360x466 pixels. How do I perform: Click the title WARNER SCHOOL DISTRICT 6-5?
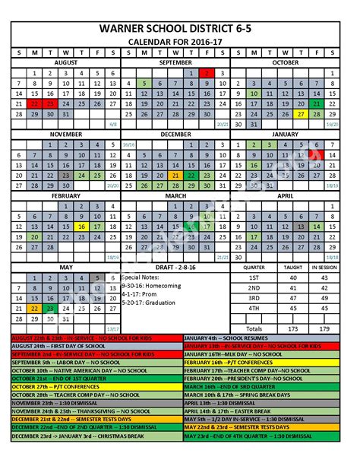[180, 28]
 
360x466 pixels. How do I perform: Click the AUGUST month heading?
[66, 62]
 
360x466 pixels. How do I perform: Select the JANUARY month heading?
[285, 134]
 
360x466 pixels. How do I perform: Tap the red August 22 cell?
[34, 103]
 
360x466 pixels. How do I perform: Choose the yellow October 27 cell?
[301, 114]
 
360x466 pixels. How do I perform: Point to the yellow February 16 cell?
[81, 226]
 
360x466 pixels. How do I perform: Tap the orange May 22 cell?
[34, 309]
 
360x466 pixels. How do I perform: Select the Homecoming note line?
[148, 286]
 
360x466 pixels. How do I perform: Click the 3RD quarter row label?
[254, 298]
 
